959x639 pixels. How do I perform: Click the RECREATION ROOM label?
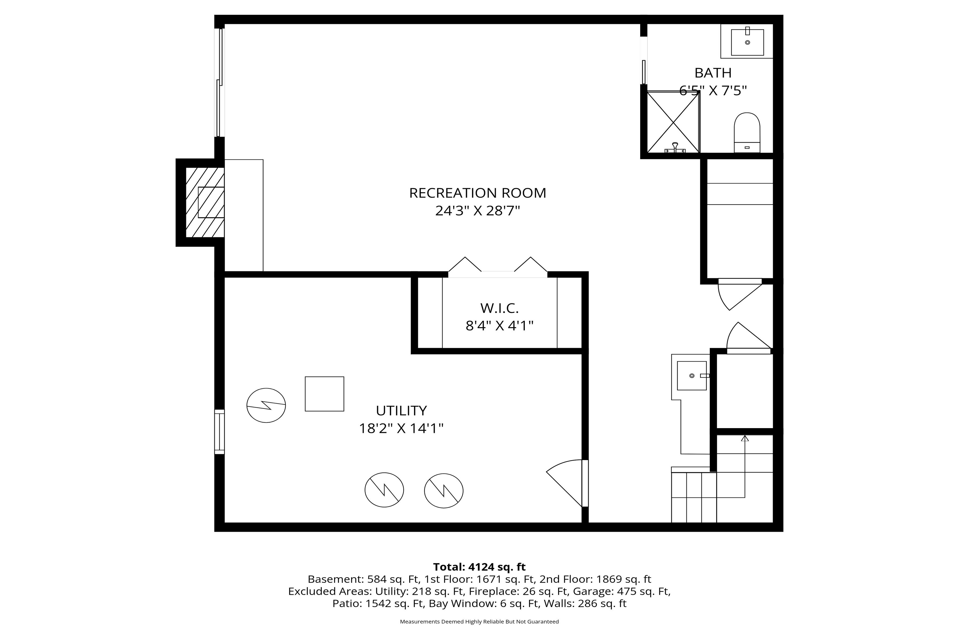click(x=477, y=193)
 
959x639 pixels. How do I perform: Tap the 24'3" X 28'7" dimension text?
click(x=477, y=211)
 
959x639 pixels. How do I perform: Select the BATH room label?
click(x=713, y=73)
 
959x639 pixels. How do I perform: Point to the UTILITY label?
click(x=401, y=410)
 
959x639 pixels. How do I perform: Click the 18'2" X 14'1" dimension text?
click(x=401, y=428)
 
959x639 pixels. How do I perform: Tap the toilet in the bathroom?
click(x=747, y=132)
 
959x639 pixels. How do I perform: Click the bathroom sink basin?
click(x=747, y=42)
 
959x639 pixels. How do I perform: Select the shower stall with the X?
click(x=673, y=122)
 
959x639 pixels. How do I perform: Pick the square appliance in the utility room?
click(x=324, y=394)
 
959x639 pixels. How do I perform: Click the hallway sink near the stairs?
click(x=692, y=375)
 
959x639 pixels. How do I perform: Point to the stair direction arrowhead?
click(x=745, y=438)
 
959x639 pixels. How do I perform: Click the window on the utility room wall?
click(x=219, y=432)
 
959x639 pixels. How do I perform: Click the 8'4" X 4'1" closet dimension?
click(x=499, y=326)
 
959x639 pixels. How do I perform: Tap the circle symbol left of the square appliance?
click(x=266, y=405)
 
